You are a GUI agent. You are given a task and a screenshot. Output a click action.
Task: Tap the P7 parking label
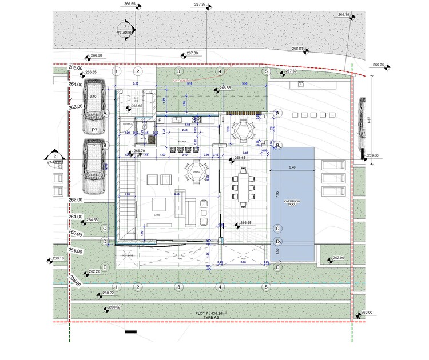(x=94, y=131)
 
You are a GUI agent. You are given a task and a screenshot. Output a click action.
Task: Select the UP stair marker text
(x=139, y=155)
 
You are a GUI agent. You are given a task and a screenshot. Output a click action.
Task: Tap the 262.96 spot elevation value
(x=338, y=257)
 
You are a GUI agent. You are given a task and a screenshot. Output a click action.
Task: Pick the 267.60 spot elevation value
(x=291, y=71)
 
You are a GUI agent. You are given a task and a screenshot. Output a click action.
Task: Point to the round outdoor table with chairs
(x=243, y=132)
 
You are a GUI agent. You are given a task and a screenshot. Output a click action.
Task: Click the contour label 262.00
(x=76, y=200)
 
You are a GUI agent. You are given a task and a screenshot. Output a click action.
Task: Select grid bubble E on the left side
(x=105, y=267)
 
